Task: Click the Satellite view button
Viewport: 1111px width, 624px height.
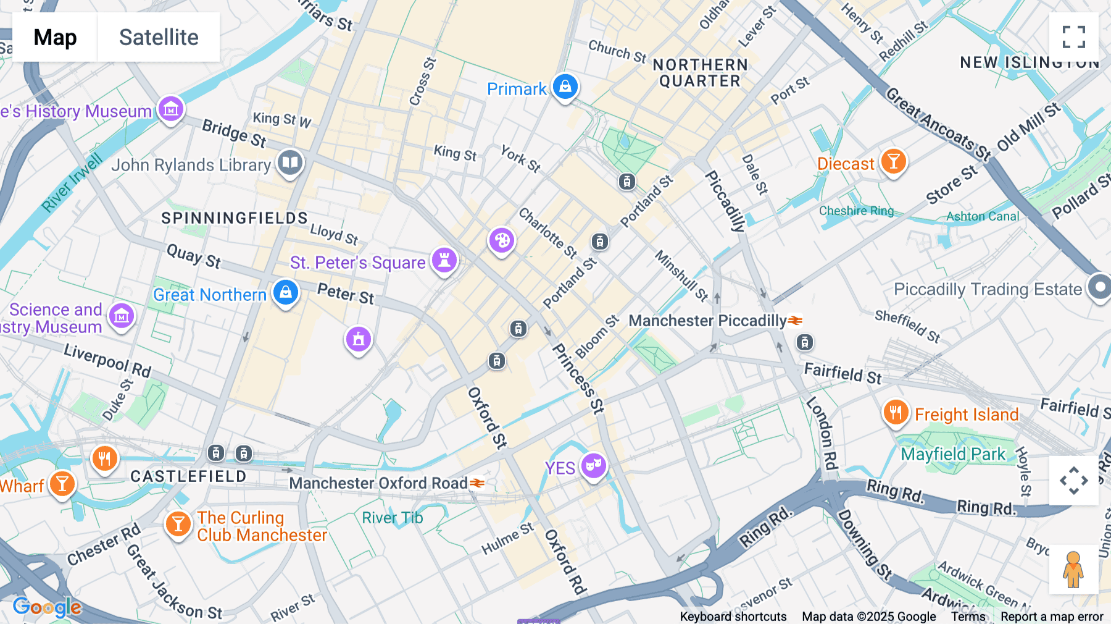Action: (159, 37)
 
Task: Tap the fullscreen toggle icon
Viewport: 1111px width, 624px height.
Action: (1073, 37)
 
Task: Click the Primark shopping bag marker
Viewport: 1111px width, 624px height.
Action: (565, 87)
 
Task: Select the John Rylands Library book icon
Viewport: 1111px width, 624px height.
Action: (289, 163)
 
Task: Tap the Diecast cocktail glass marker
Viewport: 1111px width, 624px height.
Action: (893, 162)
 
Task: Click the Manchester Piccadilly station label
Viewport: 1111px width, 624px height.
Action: (707, 321)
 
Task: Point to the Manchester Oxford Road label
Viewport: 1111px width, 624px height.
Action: (378, 483)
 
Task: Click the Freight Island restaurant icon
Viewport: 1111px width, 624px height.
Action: (896, 412)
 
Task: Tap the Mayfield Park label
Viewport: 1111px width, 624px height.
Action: (953, 454)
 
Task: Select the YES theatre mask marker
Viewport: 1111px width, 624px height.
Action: (593, 465)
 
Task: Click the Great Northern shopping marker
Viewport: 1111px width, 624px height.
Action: (285, 293)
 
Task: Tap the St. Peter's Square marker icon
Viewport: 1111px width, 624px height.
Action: (444, 260)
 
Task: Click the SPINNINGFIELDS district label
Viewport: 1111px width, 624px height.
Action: (234, 218)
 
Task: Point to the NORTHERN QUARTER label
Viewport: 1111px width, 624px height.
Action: (700, 73)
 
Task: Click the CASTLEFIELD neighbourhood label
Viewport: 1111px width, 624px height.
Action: (188, 476)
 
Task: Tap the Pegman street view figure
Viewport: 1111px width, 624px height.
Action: (1073, 570)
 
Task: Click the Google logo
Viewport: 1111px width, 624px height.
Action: (47, 607)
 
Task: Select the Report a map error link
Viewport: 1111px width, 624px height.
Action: (1052, 617)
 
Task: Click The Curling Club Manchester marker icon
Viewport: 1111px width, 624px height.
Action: (178, 525)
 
